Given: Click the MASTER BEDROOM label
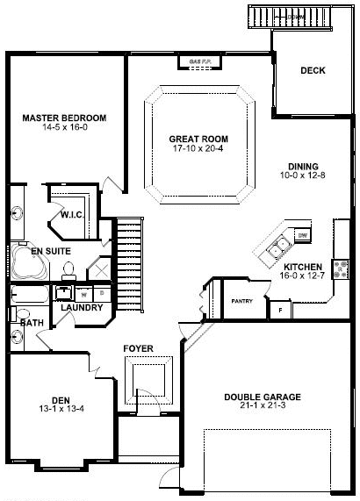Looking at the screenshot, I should pyautogui.click(x=64, y=118).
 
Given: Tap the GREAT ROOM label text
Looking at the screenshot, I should pyautogui.click(x=199, y=139).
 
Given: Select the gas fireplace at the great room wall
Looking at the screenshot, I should pyautogui.click(x=199, y=61).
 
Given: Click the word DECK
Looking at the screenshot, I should pyautogui.click(x=313, y=72).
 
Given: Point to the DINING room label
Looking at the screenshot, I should pyautogui.click(x=303, y=167).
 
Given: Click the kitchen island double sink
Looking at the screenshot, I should pyautogui.click(x=280, y=247).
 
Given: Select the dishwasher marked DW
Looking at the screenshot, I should pyautogui.click(x=302, y=234).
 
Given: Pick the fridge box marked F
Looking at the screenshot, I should pyautogui.click(x=279, y=309).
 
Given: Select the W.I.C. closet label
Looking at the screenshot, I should pyautogui.click(x=71, y=214).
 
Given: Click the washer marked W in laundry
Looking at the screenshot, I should pyautogui.click(x=84, y=293).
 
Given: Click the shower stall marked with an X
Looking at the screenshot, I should pyautogui.click(x=97, y=268).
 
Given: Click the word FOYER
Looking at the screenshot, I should pyautogui.click(x=138, y=348).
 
